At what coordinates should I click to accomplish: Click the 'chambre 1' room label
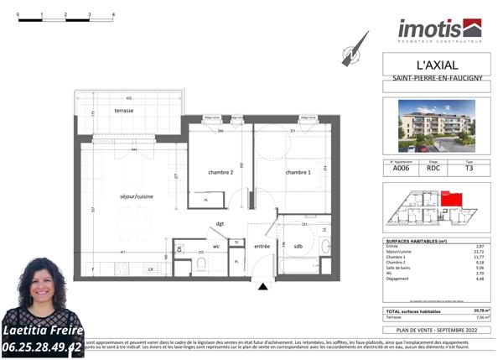298,172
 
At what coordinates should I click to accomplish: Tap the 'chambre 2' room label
220,172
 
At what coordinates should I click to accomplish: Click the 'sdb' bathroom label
298,246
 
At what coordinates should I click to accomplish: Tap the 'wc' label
215,247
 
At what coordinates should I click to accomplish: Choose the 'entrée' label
262,247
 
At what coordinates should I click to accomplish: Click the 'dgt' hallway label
220,224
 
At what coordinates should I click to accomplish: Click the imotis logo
439,30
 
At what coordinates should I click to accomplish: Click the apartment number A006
402,168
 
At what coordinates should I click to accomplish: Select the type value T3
469,168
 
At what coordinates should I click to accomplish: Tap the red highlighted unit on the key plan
451,200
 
